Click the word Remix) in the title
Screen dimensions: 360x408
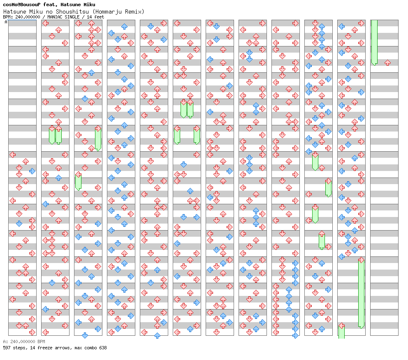135,11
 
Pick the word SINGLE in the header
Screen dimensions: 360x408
72,17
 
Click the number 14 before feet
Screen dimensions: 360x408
89,17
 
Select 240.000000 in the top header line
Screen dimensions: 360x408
25,17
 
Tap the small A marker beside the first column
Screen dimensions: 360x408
6,22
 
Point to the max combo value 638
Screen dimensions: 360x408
102,348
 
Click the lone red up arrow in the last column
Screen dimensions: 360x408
387,63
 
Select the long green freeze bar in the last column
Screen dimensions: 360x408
374,42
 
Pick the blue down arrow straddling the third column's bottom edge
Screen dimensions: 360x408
85,335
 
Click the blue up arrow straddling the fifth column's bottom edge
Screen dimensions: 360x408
157,335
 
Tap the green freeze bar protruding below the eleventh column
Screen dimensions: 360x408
341,332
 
